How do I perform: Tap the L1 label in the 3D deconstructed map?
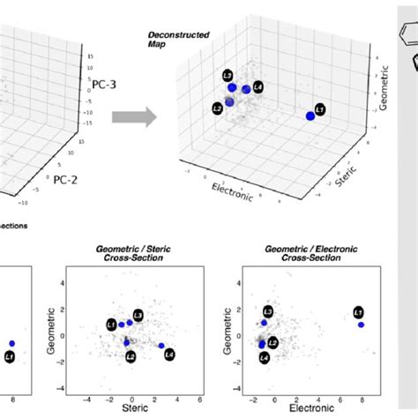pyautogui.click(x=320, y=109)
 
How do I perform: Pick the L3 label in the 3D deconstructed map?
pyautogui.click(x=228, y=76)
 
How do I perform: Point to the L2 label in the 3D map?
pyautogui.click(x=217, y=108)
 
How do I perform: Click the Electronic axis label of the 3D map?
pyautogui.click(x=232, y=191)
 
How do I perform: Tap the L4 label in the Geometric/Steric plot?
pyautogui.click(x=169, y=354)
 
